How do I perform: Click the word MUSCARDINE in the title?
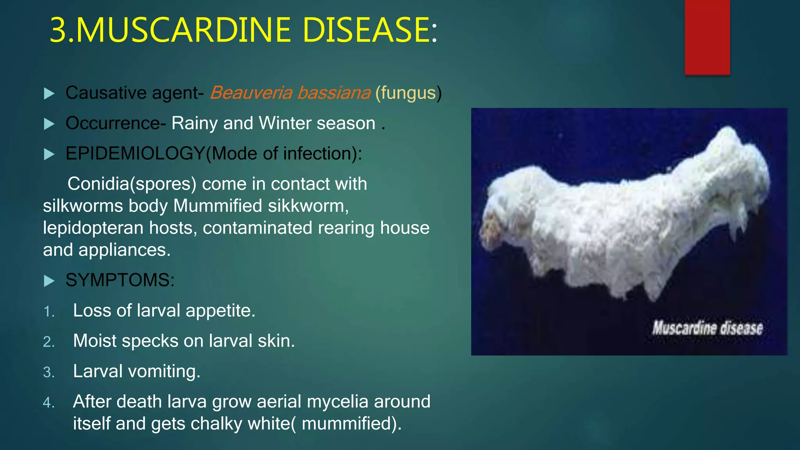click(x=183, y=30)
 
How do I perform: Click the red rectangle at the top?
click(x=707, y=37)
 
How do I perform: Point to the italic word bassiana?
click(x=334, y=93)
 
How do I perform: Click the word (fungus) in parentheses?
click(x=408, y=93)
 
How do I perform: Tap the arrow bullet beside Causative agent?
click(x=49, y=93)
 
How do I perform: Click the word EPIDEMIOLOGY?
click(x=135, y=154)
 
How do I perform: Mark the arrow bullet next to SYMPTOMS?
click(x=49, y=280)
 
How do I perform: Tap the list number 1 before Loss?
click(x=48, y=312)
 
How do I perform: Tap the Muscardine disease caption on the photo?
click(x=707, y=328)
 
